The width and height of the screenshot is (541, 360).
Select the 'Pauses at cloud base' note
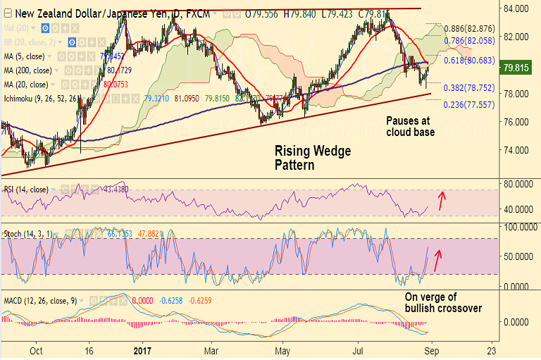coord(410,125)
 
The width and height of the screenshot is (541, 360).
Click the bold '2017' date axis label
coord(142,350)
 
